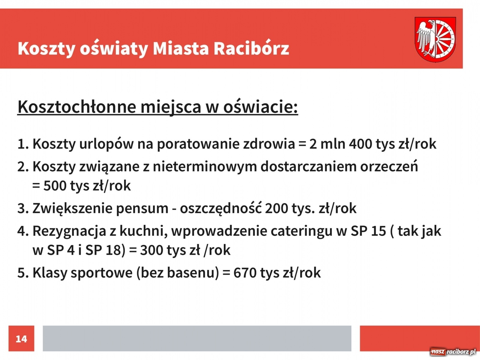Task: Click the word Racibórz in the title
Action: point(251,48)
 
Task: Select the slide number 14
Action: point(21,339)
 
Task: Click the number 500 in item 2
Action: point(55,186)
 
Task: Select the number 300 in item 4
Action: point(151,250)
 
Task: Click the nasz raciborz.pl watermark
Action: point(453,352)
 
